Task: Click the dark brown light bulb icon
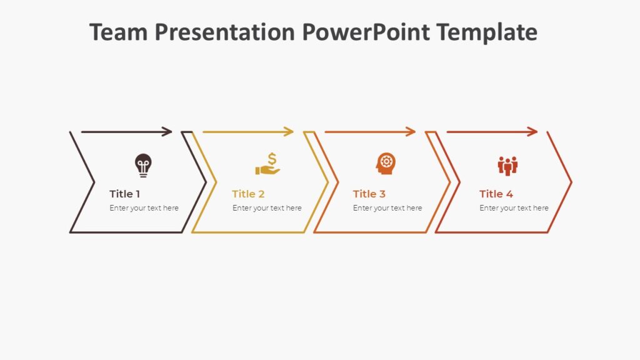pyautogui.click(x=143, y=166)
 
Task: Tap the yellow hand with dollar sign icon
pyautogui.click(x=267, y=164)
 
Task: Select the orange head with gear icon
pyautogui.click(x=386, y=164)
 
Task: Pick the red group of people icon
pyautogui.click(x=507, y=166)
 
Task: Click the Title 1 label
pyautogui.click(x=125, y=194)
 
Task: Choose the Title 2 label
pyautogui.click(x=248, y=194)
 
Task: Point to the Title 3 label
pyautogui.click(x=369, y=194)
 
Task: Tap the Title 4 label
pyautogui.click(x=496, y=194)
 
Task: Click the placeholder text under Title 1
pyautogui.click(x=144, y=208)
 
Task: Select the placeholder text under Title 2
pyautogui.click(x=267, y=208)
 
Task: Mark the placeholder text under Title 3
pyautogui.click(x=387, y=208)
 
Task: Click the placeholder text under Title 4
pyautogui.click(x=514, y=208)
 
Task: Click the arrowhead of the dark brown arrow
pyautogui.click(x=167, y=131)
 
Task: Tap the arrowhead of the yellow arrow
pyautogui.click(x=289, y=131)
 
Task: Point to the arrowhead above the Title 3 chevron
pyautogui.click(x=411, y=131)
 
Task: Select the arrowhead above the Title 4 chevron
pyautogui.click(x=533, y=131)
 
